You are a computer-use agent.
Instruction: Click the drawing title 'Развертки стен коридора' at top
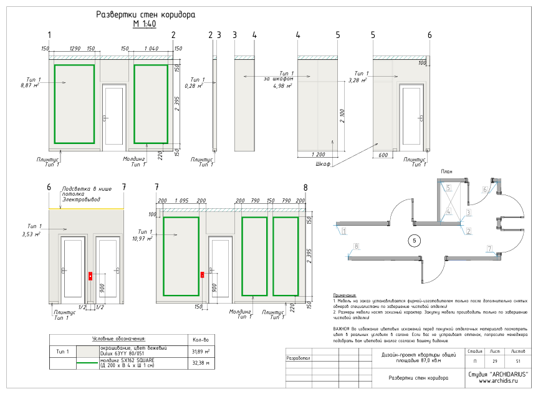(146, 14)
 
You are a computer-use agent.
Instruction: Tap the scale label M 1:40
(144, 24)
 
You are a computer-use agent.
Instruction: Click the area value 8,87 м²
(30, 85)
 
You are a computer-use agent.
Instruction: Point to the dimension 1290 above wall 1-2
(75, 48)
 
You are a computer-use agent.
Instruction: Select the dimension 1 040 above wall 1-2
(151, 48)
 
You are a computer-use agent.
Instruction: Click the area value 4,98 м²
(282, 86)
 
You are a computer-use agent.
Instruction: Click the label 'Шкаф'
(323, 164)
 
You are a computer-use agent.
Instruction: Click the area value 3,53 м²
(30, 234)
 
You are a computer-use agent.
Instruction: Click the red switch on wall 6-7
(90, 276)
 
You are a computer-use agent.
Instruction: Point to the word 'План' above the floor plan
(446, 171)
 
